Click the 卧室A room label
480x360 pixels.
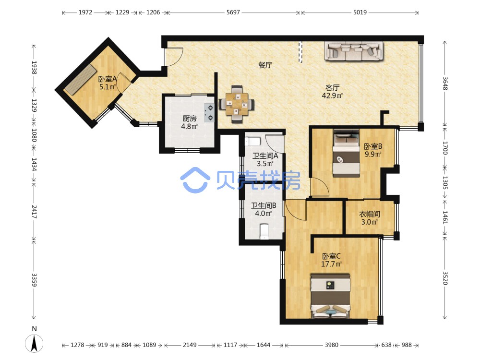point(107,79)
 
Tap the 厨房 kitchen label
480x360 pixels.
point(190,119)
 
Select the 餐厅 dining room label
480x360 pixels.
point(265,65)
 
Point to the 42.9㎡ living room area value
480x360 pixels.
point(332,96)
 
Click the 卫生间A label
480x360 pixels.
point(265,156)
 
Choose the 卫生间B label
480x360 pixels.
point(264,206)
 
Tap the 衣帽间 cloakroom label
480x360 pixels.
point(370,214)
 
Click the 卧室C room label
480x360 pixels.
point(331,256)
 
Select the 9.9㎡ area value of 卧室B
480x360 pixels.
point(373,154)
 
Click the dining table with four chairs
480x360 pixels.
point(236,104)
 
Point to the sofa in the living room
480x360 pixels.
point(354,51)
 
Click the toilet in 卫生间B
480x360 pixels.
point(264,232)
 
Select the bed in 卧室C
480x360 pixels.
point(330,296)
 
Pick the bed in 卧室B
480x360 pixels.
point(346,153)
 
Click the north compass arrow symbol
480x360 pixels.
point(34,343)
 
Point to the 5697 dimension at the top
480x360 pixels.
point(233,12)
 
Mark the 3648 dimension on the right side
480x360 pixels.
point(445,83)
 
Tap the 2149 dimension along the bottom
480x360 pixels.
point(190,345)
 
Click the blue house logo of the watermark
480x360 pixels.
point(195,180)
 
